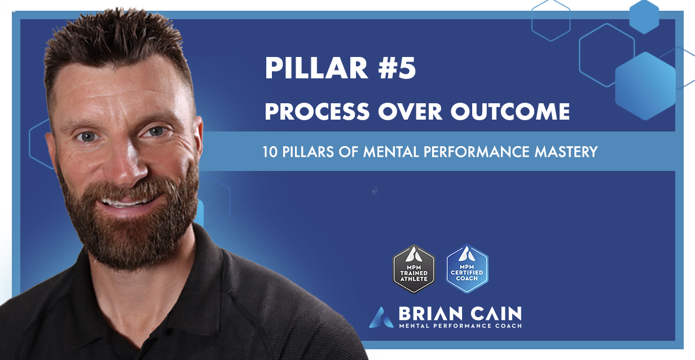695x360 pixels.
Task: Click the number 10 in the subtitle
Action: (x=268, y=152)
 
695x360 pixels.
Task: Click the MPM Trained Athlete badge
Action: (x=414, y=269)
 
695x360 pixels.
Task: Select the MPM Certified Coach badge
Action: (x=467, y=269)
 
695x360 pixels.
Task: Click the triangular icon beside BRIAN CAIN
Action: (x=379, y=318)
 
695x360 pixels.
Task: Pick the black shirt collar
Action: (x=186, y=271)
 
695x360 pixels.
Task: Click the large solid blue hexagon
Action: (x=645, y=85)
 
